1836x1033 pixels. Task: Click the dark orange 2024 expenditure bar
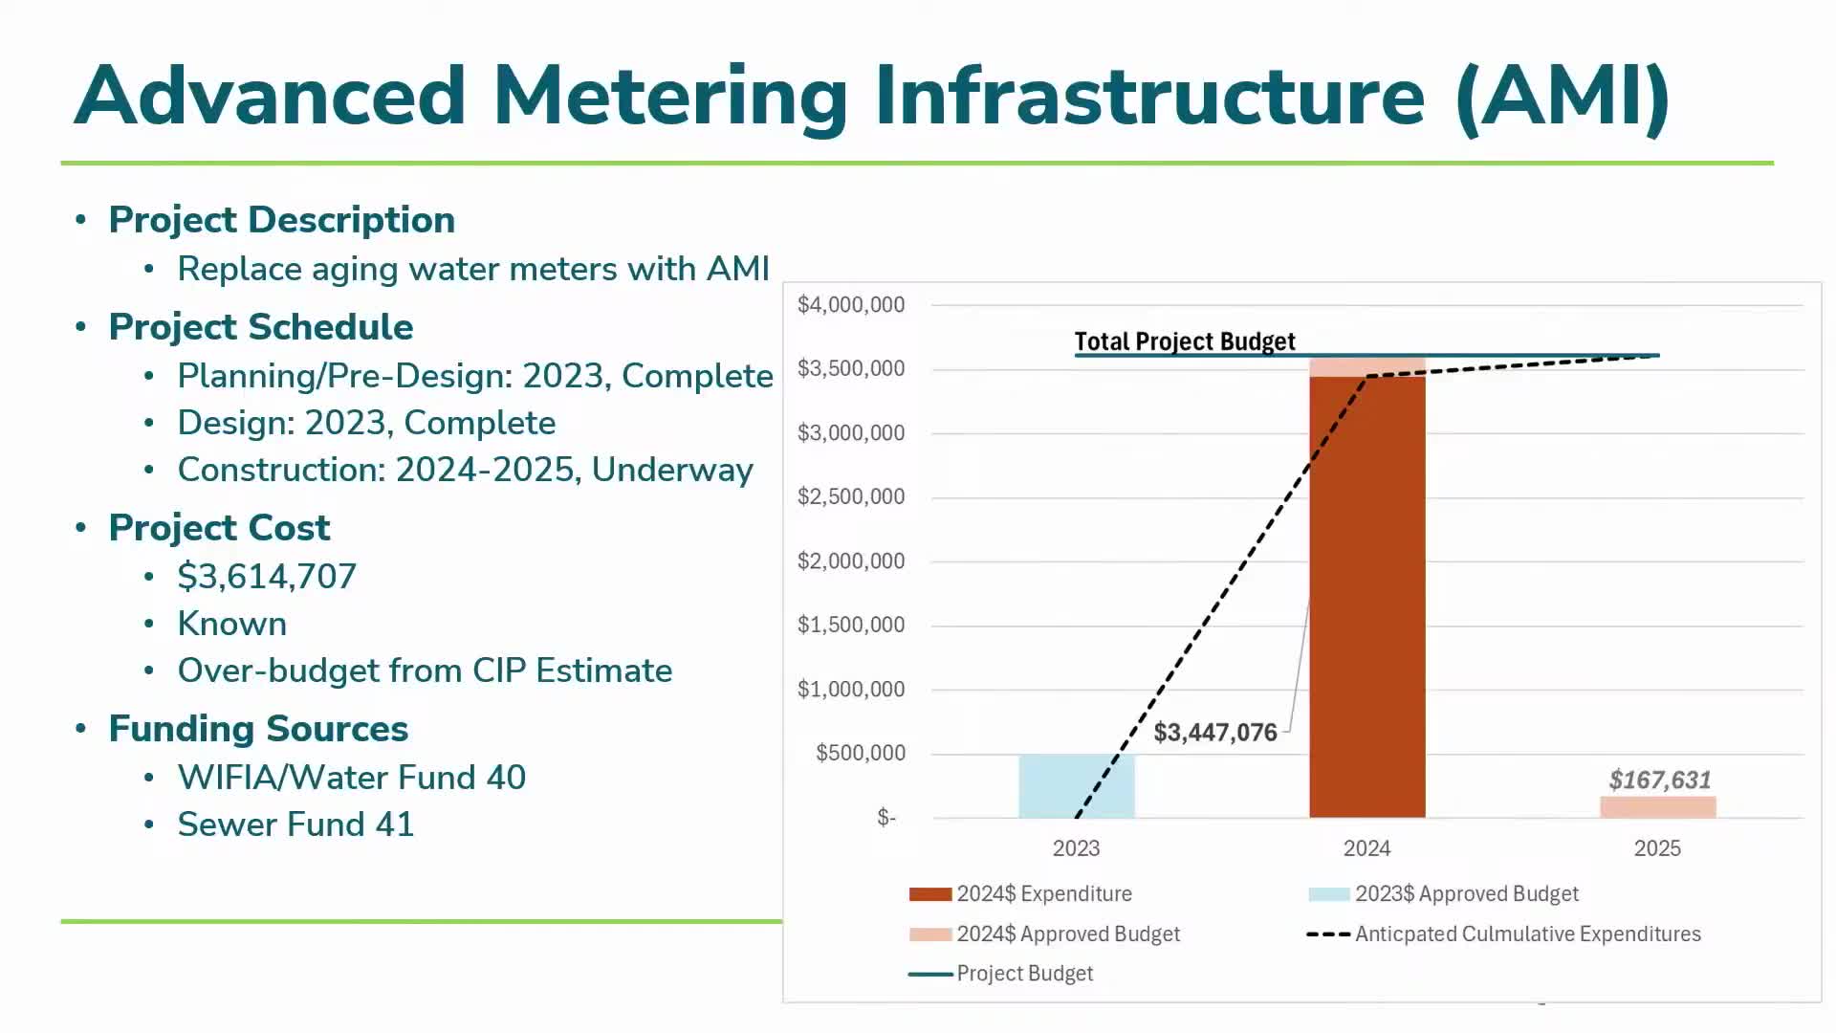click(x=1366, y=597)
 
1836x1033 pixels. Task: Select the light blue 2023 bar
click(x=1076, y=785)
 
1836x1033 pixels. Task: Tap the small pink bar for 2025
click(x=1657, y=806)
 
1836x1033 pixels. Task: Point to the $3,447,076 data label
click(x=1214, y=733)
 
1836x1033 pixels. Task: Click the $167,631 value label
click(x=1659, y=780)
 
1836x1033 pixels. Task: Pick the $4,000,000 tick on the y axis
click(x=850, y=305)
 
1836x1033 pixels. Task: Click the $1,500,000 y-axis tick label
click(x=850, y=625)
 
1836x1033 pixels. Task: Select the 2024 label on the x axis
click(x=1366, y=848)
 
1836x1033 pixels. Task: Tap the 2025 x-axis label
click(x=1657, y=848)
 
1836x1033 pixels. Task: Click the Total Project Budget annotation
click(x=1184, y=341)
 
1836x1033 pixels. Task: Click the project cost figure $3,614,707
click(x=267, y=576)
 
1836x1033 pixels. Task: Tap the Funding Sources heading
click(x=258, y=729)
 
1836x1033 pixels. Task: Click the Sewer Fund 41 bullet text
click(x=295, y=824)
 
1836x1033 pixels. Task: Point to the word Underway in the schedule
click(x=672, y=470)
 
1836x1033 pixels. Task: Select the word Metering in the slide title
click(x=669, y=96)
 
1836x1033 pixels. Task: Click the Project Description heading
click(x=281, y=220)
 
